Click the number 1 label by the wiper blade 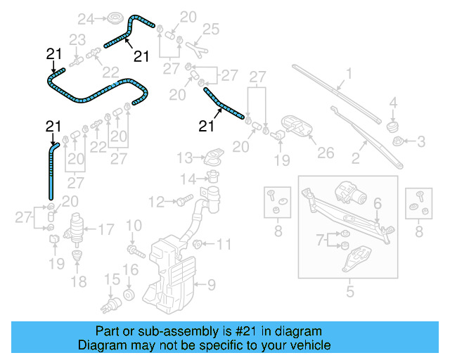coord(348,73)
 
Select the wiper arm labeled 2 coord(366,137)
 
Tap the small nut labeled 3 coord(399,142)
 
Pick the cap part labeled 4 coord(393,126)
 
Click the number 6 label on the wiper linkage coord(377,203)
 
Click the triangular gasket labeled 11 coord(199,245)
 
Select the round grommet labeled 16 coord(129,292)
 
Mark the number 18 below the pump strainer coord(79,281)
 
